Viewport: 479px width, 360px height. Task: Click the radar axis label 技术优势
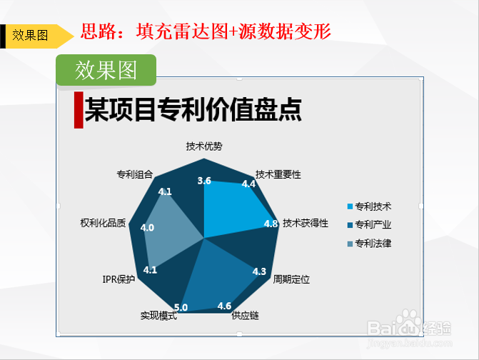(204, 146)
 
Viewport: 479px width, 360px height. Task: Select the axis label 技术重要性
(278, 174)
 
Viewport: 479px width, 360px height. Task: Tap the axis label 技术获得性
(306, 223)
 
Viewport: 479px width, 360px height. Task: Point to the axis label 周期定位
(291, 279)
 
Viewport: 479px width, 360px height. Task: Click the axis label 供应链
(245, 316)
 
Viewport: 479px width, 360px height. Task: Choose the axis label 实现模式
(158, 316)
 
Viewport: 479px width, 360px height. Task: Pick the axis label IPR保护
(119, 279)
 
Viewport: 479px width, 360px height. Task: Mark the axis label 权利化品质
(103, 223)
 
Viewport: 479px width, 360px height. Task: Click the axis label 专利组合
(135, 174)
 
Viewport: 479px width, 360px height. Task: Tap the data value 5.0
(181, 307)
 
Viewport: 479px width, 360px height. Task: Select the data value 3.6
(204, 181)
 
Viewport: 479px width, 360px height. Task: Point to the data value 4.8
(271, 224)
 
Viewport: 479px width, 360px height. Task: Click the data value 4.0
(147, 228)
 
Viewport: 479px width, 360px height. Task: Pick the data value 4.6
(224, 306)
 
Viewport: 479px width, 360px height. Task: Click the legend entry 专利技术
(369, 206)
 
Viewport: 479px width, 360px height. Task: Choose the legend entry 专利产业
(369, 225)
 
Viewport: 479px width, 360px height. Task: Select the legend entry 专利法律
(369, 244)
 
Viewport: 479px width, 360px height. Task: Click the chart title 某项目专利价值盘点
(193, 110)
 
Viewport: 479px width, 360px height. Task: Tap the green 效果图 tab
(106, 70)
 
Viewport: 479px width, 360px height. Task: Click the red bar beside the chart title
(79, 110)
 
